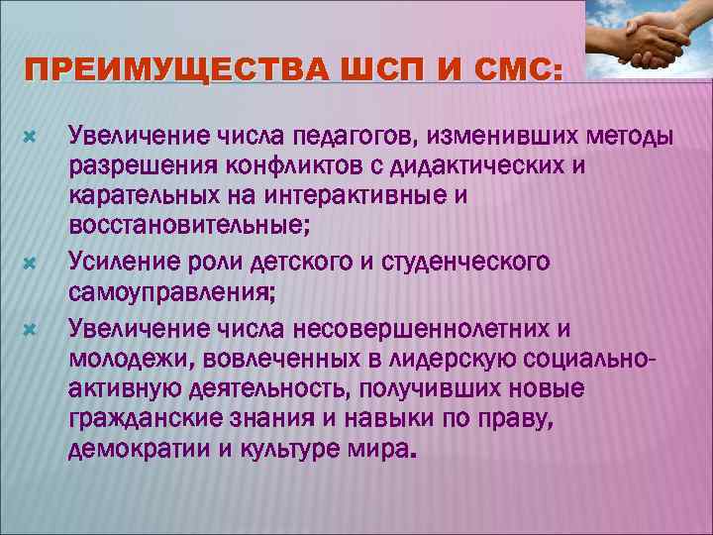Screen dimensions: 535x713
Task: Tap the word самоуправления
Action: click(x=166, y=292)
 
